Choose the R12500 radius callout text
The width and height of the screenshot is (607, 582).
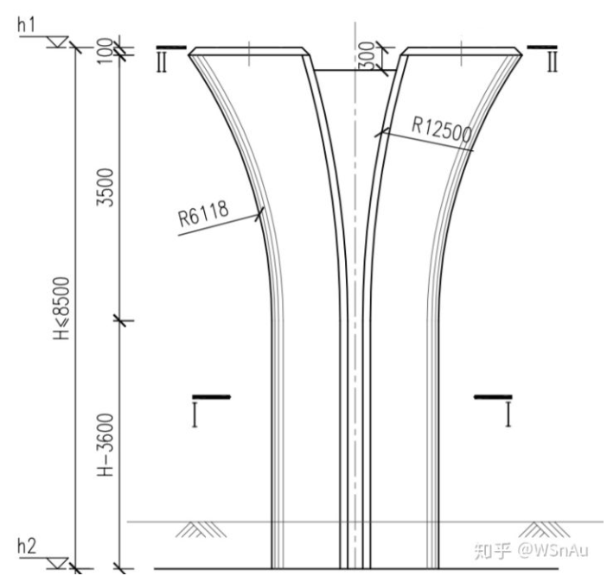tap(441, 130)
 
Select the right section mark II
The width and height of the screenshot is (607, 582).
tap(551, 61)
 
